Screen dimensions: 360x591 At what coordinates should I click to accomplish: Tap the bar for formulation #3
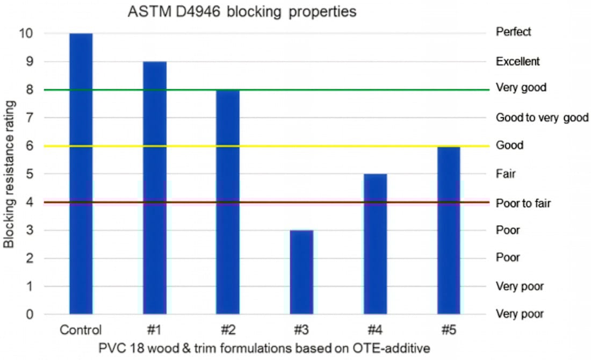[301, 271]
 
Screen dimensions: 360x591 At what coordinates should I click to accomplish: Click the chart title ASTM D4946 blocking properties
[242, 12]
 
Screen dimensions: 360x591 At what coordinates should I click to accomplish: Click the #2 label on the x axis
[228, 329]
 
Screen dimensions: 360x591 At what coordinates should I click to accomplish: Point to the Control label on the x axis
[81, 329]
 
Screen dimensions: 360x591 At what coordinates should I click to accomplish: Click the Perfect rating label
[514, 32]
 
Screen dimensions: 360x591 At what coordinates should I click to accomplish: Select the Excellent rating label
[518, 62]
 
